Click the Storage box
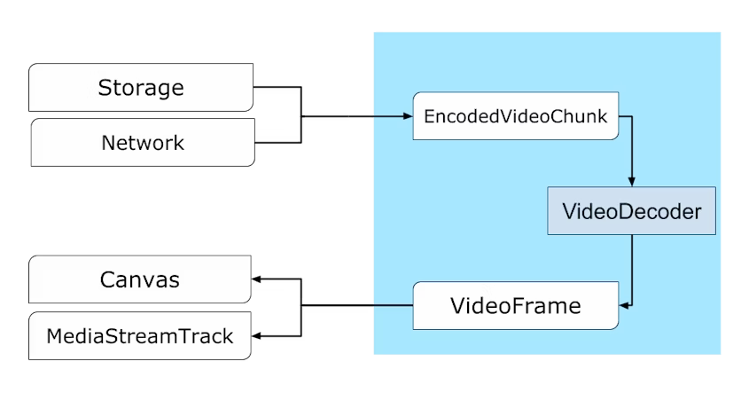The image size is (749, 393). click(x=141, y=88)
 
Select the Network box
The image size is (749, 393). click(x=143, y=143)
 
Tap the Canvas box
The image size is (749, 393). click(x=140, y=280)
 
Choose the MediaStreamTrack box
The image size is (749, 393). click(x=140, y=336)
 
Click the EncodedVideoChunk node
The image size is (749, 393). click(x=516, y=116)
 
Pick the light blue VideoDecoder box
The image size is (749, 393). click(x=631, y=211)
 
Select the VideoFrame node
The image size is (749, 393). click(x=516, y=306)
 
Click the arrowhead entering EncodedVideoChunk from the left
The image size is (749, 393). click(x=409, y=116)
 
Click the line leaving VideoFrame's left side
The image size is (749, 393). click(x=393, y=306)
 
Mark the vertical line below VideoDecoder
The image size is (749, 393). click(x=631, y=266)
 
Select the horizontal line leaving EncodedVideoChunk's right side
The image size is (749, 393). click(x=625, y=116)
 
